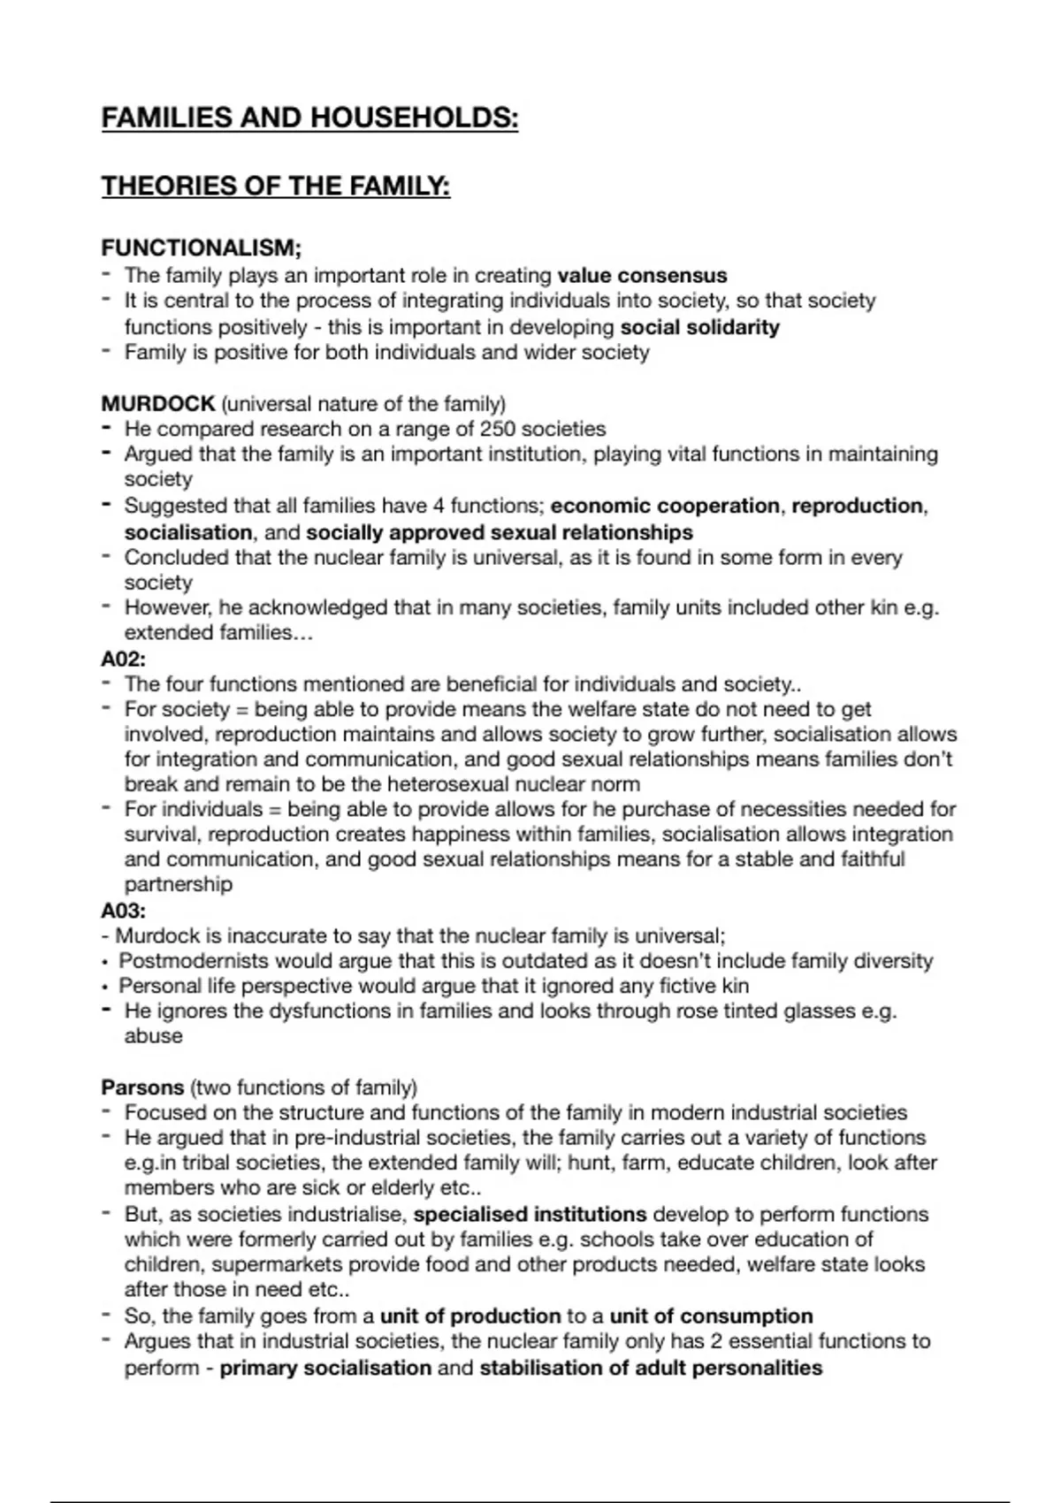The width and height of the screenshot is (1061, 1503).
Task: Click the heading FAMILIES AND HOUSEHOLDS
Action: (x=309, y=118)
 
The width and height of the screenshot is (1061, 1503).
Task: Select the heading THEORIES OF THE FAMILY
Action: (x=276, y=187)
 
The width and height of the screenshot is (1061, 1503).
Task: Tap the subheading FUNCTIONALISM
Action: (x=202, y=249)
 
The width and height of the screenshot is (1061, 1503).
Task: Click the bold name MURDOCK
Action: (x=158, y=404)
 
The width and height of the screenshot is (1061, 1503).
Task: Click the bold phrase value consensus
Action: (x=642, y=276)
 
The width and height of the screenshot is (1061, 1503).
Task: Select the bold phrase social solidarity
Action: (x=699, y=327)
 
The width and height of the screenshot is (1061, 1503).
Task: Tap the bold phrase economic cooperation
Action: (x=665, y=506)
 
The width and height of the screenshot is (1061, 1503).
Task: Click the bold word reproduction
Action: (x=857, y=506)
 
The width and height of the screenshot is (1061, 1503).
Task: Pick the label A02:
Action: (x=124, y=659)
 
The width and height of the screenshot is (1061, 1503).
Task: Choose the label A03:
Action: (x=124, y=910)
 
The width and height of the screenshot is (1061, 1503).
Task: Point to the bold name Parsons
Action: (x=142, y=1087)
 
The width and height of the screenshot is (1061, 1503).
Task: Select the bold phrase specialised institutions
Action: (x=530, y=1215)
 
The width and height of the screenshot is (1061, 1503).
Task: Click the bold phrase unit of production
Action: (x=470, y=1316)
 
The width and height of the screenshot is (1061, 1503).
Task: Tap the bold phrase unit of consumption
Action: (x=711, y=1316)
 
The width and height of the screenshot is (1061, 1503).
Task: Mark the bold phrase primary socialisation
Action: (x=325, y=1369)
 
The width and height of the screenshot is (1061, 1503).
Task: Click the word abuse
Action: (x=153, y=1036)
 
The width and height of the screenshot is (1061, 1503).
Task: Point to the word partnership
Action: (x=178, y=884)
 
